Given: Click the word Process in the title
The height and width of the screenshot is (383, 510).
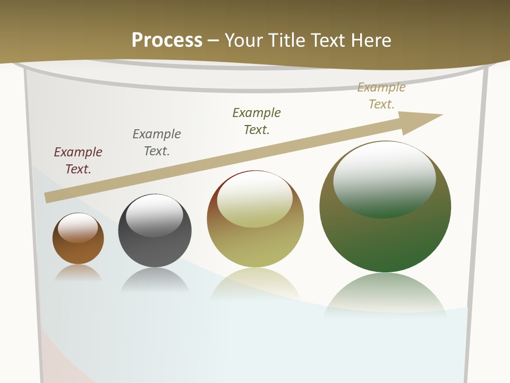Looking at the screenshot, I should click(167, 40).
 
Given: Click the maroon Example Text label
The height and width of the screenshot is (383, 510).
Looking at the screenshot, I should click(78, 160).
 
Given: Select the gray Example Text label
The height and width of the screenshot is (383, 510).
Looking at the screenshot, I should click(157, 142).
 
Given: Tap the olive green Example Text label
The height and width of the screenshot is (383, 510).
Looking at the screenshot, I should click(257, 121).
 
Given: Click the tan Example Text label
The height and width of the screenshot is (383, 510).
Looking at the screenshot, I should click(381, 95).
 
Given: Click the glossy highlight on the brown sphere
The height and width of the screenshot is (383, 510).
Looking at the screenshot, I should click(78, 227).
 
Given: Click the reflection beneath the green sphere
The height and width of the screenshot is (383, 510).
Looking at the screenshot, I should click(385, 293).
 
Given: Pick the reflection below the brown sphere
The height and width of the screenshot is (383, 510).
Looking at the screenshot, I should click(78, 272).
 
